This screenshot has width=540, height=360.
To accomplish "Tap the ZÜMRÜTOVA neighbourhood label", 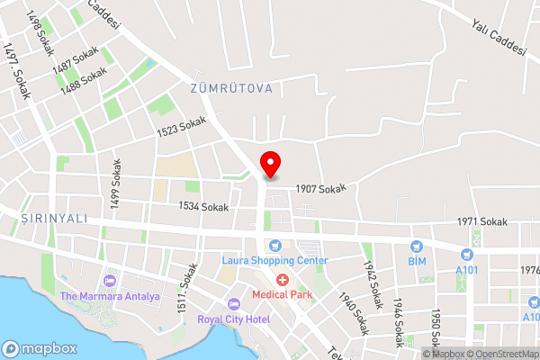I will [x=231, y=89].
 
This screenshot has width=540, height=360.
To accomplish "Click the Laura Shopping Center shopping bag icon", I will [x=275, y=246].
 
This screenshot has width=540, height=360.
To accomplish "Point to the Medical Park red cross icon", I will [x=282, y=280].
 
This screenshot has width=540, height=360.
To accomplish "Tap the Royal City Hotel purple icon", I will [x=234, y=303].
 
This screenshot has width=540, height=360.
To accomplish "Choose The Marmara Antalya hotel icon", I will [x=110, y=282].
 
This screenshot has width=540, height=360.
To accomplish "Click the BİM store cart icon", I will [x=416, y=246].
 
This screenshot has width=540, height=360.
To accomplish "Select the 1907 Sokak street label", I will [x=321, y=187].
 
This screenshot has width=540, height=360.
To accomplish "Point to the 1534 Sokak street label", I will [x=203, y=207].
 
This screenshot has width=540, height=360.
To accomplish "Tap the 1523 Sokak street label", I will [x=182, y=130].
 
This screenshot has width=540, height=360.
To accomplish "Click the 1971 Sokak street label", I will [x=482, y=221].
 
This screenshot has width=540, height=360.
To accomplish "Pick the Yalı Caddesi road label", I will [x=498, y=39].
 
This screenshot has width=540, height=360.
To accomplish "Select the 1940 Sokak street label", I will [x=355, y=312].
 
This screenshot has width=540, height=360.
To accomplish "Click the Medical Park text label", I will [x=282, y=294].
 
